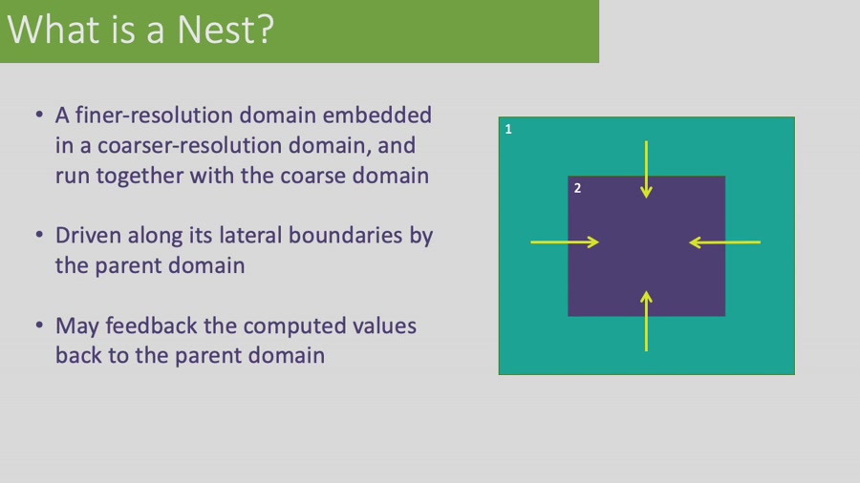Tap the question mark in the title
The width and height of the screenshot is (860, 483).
(265, 29)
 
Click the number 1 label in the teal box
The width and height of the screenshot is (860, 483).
(508, 129)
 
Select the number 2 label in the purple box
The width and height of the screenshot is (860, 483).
(577, 188)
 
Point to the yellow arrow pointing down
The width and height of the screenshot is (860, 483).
(646, 169)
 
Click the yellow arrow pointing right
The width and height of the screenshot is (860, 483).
(565, 242)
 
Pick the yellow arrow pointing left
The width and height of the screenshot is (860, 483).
(724, 242)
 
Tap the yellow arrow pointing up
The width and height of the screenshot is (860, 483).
(646, 321)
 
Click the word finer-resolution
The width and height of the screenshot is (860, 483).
(154, 115)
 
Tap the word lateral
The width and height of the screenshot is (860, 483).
(250, 236)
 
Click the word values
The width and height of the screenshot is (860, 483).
(384, 325)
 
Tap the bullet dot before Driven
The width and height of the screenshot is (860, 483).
(39, 235)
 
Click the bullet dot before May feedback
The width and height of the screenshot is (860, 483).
(39, 325)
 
